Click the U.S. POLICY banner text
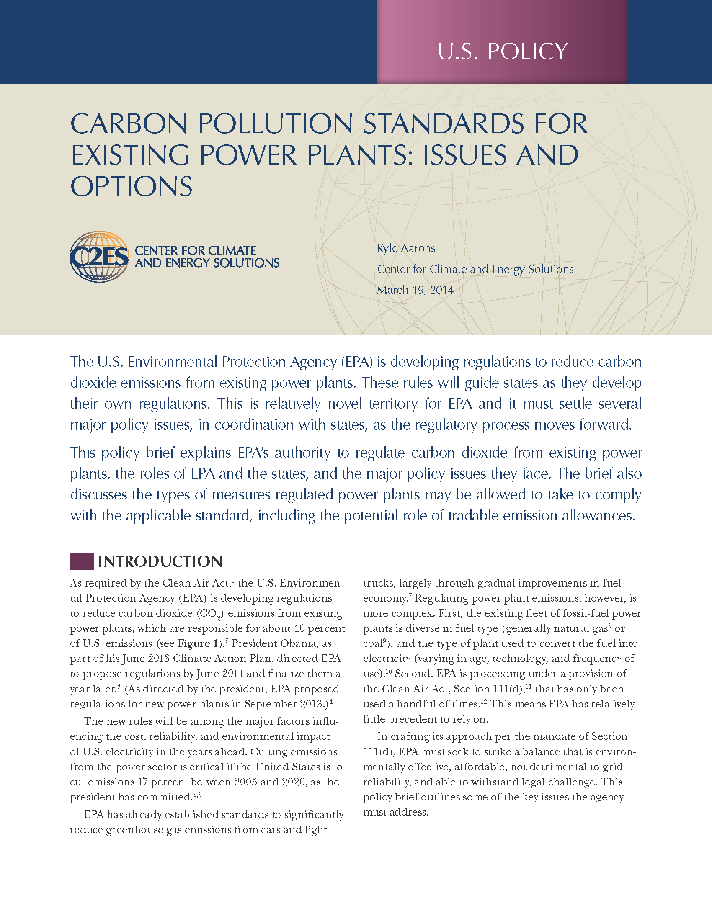pos(502,51)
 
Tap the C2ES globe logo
pos(99,256)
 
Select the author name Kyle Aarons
pos(406,248)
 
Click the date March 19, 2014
pos(415,290)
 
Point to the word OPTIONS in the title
pos(131,186)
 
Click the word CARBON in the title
pos(129,124)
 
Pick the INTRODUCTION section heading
pos(160,561)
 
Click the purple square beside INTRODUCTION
pos(81,561)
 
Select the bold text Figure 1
pos(193,643)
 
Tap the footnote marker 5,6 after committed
pos(197,795)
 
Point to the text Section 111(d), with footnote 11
pos(489,689)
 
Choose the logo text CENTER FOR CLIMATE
pos(195,250)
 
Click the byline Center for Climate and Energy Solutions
pos(475,269)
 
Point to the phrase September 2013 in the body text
pos(283,704)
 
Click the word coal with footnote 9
pos(372,644)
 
